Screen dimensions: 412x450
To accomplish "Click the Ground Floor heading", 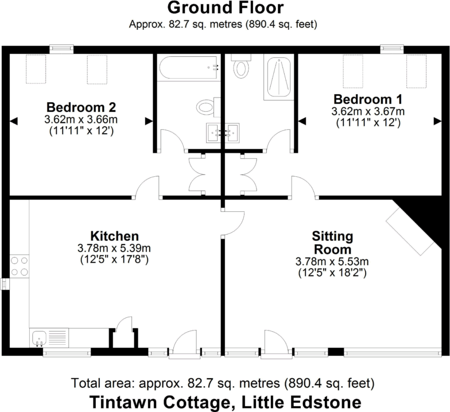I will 225,8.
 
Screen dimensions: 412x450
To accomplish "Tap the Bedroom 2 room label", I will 82,107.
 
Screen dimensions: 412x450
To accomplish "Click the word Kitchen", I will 115,236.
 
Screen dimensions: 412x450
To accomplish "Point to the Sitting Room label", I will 332,243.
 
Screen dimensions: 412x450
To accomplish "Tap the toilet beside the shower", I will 241,67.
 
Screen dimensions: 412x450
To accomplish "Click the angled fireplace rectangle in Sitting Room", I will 411,231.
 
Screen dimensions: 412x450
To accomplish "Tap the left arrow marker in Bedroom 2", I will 14,121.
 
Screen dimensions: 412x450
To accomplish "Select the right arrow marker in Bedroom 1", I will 437,121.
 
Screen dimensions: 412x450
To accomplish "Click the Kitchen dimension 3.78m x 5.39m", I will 115,248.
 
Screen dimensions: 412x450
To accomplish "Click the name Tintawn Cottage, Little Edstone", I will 224,402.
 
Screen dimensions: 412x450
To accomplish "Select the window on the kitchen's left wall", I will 4,283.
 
